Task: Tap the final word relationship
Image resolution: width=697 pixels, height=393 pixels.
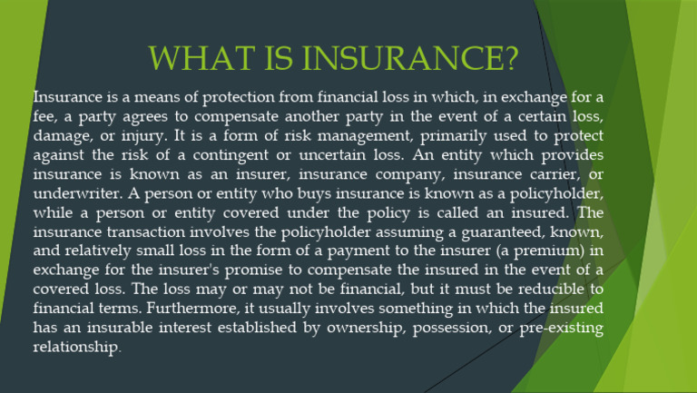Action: pyautogui.click(x=76, y=348)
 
